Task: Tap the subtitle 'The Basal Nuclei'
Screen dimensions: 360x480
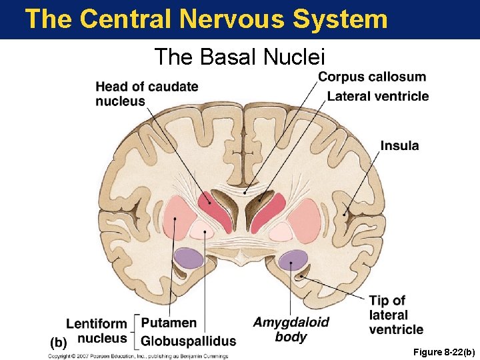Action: tap(239, 57)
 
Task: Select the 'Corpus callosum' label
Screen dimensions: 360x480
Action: tap(371, 77)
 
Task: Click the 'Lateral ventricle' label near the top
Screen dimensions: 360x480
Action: tap(378, 97)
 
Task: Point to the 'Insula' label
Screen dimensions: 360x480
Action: tap(400, 145)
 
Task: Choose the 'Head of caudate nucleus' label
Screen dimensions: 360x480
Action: tap(147, 94)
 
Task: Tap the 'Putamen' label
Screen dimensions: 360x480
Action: tap(169, 323)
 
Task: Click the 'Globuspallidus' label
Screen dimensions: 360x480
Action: tap(189, 341)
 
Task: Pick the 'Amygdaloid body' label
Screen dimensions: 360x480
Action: tap(291, 329)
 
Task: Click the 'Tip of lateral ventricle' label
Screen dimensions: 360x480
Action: tap(396, 315)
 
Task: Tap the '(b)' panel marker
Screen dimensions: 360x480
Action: tap(59, 343)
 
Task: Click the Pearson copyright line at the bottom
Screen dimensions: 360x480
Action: tap(137, 355)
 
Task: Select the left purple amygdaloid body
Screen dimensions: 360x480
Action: tap(188, 258)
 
